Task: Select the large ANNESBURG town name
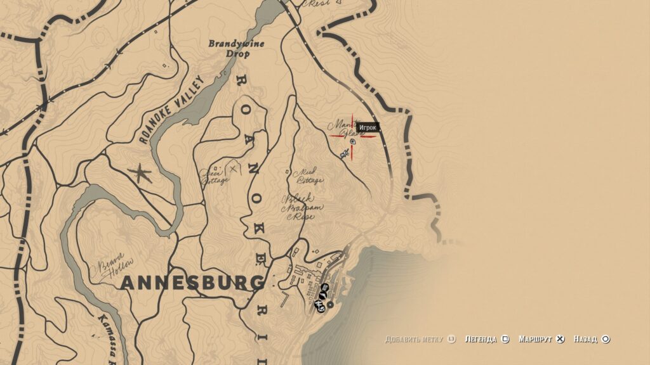[x=192, y=283]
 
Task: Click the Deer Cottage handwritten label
[x=215, y=176]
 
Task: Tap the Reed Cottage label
[x=310, y=175]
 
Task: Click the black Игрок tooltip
[x=368, y=128]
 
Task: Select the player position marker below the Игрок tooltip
[x=353, y=141]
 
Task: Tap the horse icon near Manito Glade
[x=344, y=153]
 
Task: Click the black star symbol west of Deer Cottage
[x=140, y=173]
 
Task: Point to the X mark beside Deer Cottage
[x=234, y=168]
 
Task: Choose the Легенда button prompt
[x=481, y=339]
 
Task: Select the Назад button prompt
[x=586, y=339]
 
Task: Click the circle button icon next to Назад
[x=606, y=339]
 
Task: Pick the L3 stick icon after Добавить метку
[x=451, y=339]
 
